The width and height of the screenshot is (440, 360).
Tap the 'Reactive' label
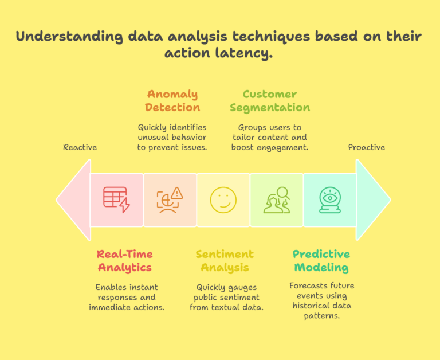tap(80, 147)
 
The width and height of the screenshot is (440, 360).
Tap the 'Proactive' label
tap(367, 147)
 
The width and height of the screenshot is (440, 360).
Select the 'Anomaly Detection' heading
tap(172, 101)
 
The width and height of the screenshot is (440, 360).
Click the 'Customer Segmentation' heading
tap(270, 101)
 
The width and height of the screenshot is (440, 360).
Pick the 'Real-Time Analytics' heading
tap(124, 261)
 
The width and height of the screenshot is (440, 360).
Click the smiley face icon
tap(223, 199)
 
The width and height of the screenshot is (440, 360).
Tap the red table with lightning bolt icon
tap(116, 199)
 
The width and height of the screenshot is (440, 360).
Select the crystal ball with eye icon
tap(329, 199)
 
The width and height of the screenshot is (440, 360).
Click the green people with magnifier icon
tap(276, 199)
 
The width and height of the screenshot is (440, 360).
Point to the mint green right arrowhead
tap(372, 199)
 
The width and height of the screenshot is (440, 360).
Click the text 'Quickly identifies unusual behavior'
tap(172, 132)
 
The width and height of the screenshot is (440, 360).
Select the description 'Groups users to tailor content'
tap(269, 132)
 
